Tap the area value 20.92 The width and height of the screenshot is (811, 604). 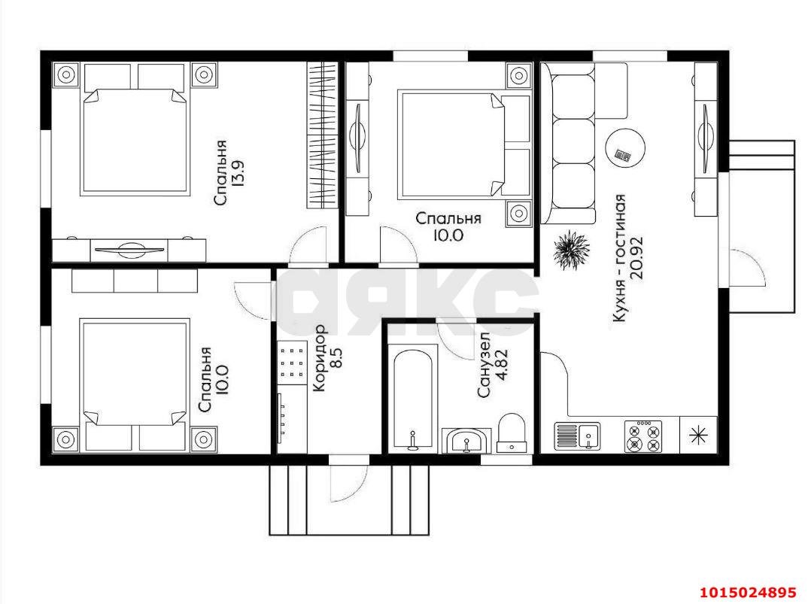[636, 257]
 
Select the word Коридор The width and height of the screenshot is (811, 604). [319, 357]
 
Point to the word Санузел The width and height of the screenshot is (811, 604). [484, 365]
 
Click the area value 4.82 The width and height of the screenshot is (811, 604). [501, 365]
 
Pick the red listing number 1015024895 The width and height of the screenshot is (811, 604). [749, 591]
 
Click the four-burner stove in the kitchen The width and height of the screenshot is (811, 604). [643, 436]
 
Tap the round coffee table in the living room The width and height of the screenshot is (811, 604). [625, 147]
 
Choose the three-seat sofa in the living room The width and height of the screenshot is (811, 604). [568, 143]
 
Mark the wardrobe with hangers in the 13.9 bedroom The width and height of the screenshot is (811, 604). [322, 135]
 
